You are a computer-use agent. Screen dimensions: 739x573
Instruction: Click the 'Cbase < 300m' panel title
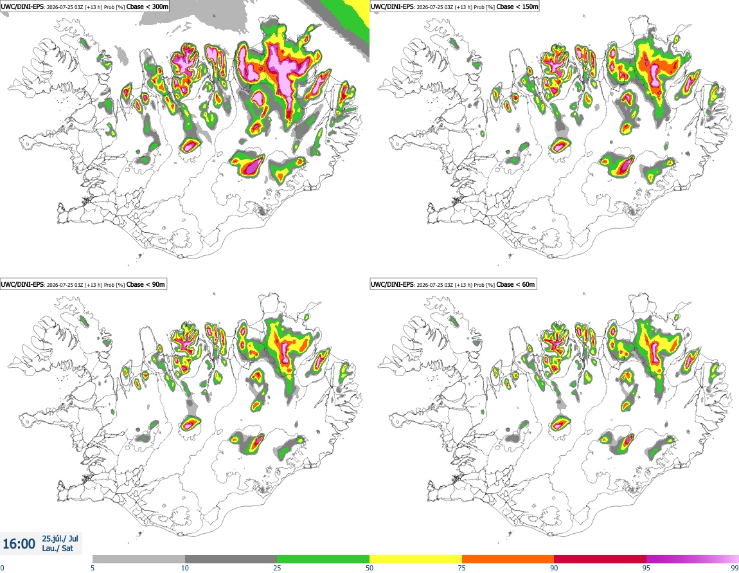(x=147, y=6)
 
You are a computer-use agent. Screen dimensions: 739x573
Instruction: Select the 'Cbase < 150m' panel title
(x=517, y=6)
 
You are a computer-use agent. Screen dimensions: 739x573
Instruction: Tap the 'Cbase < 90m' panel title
(x=146, y=284)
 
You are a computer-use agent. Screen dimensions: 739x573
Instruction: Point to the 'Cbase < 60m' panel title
(x=515, y=284)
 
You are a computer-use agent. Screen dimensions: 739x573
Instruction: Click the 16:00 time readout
(x=19, y=544)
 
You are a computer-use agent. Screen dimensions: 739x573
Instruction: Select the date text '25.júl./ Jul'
(x=60, y=538)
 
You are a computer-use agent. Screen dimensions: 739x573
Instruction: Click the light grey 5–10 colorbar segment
(x=139, y=559)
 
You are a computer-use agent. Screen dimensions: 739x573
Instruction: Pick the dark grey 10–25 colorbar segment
(x=231, y=559)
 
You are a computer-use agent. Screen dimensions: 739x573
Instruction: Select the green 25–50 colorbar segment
(x=323, y=559)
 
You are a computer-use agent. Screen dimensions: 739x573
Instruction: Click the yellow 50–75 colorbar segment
(x=416, y=559)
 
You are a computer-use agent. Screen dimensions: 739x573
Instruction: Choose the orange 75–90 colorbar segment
(x=508, y=559)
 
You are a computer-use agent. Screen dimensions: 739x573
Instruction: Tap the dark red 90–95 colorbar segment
(x=600, y=559)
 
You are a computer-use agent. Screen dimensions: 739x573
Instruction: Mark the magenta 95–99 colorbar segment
(x=693, y=559)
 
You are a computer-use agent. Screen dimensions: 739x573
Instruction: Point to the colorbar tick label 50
(x=369, y=568)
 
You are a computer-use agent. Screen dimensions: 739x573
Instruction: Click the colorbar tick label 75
(x=462, y=568)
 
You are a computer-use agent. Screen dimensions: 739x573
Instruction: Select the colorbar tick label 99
(x=735, y=568)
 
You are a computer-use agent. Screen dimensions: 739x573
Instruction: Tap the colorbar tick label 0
(x=3, y=568)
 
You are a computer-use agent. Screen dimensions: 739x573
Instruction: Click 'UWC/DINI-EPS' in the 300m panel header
(x=22, y=6)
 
